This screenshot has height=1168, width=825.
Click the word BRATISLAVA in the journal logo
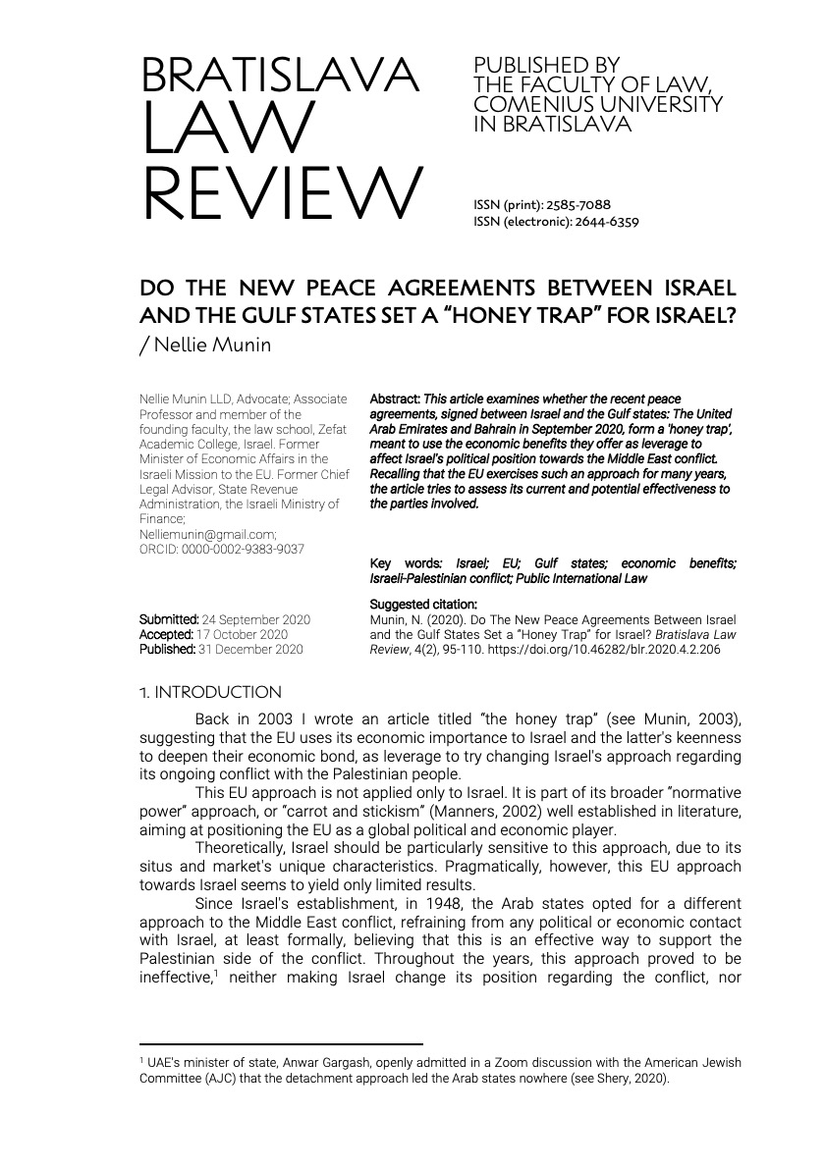tap(280, 78)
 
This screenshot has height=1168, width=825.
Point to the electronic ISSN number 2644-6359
tap(610, 222)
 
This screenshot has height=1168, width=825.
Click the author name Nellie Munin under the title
tap(211, 346)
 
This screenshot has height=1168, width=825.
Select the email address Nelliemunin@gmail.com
tap(208, 535)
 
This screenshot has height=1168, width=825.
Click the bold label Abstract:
tap(394, 399)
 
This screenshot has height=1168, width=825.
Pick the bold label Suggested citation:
tap(423, 605)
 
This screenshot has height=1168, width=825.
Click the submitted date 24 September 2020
tap(255, 619)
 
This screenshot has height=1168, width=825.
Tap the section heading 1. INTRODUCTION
tap(210, 693)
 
